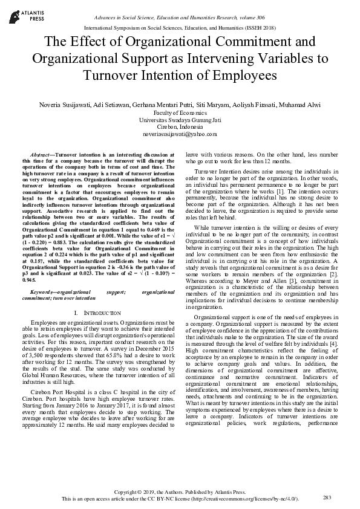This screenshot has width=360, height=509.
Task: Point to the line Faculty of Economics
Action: coord(180,112)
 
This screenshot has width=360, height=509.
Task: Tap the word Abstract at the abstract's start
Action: coord(40,155)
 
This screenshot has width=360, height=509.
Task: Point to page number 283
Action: coord(328,497)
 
